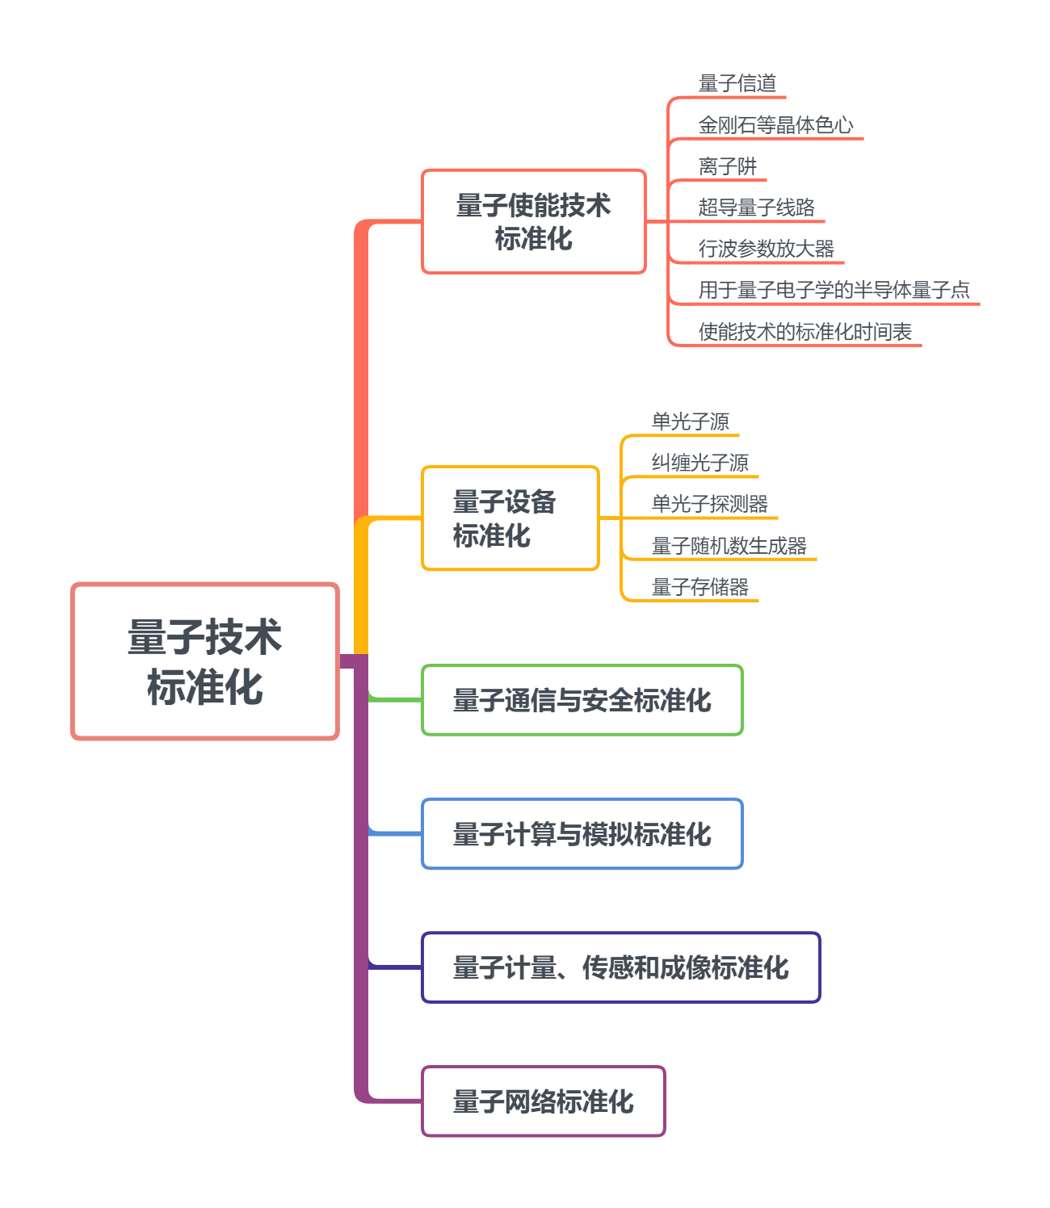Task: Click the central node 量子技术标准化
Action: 205,661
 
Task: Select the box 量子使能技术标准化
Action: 534,222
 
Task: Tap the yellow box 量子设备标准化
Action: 510,518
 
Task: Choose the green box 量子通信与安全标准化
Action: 582,700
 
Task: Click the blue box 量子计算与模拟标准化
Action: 582,834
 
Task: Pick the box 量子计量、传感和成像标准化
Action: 620,967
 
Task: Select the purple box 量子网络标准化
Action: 543,1101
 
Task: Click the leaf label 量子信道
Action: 737,83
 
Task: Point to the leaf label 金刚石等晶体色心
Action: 776,125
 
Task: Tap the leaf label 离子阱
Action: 728,166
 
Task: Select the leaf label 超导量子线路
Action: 757,208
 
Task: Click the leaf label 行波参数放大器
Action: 766,249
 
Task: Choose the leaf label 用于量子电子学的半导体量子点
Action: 834,290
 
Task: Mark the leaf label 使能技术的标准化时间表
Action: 805,332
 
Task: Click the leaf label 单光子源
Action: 691,422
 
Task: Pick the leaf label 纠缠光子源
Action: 700,463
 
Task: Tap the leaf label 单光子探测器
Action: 710,504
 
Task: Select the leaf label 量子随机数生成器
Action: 729,546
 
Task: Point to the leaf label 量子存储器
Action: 700,587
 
